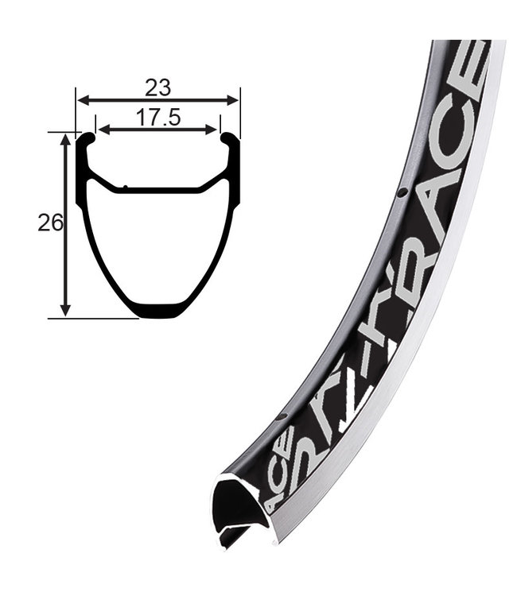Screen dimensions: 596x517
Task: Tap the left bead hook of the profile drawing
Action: (88, 140)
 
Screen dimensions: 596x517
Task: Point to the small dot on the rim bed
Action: (125, 188)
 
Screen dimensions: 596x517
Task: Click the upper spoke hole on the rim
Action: (402, 192)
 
